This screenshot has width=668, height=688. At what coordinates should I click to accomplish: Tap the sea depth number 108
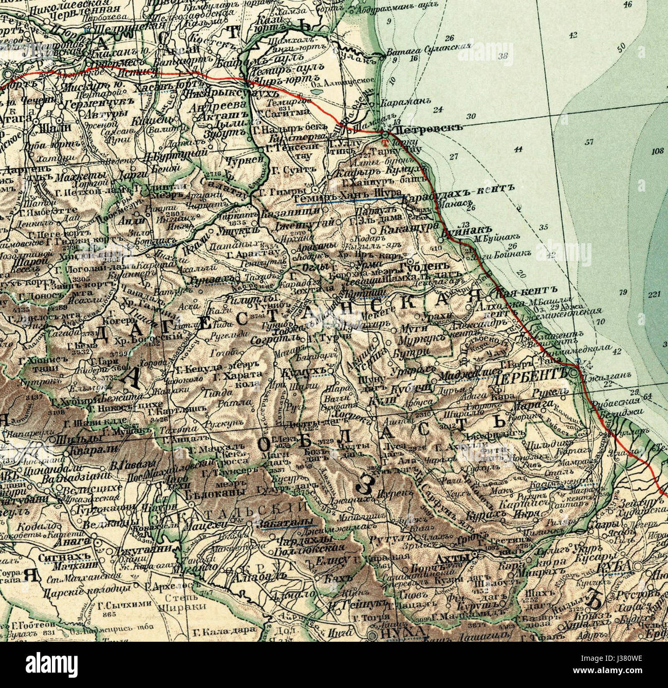tap(657, 151)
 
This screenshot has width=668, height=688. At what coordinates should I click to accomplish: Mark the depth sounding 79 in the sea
tap(624, 292)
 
